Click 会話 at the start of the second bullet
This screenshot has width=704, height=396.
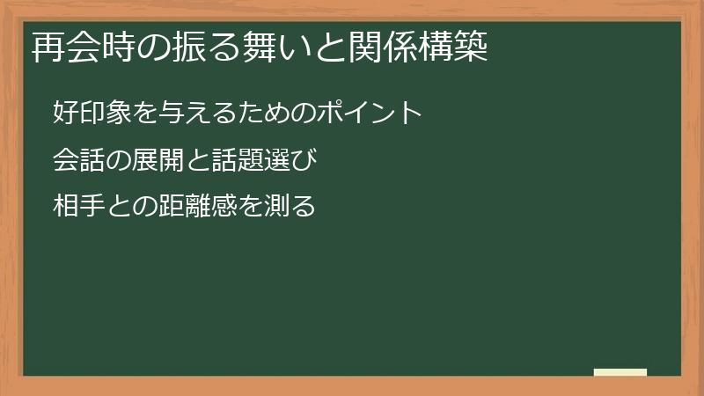[x=77, y=161]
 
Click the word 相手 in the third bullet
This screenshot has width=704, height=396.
[x=77, y=209]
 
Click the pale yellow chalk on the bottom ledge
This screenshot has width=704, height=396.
[x=620, y=372]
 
